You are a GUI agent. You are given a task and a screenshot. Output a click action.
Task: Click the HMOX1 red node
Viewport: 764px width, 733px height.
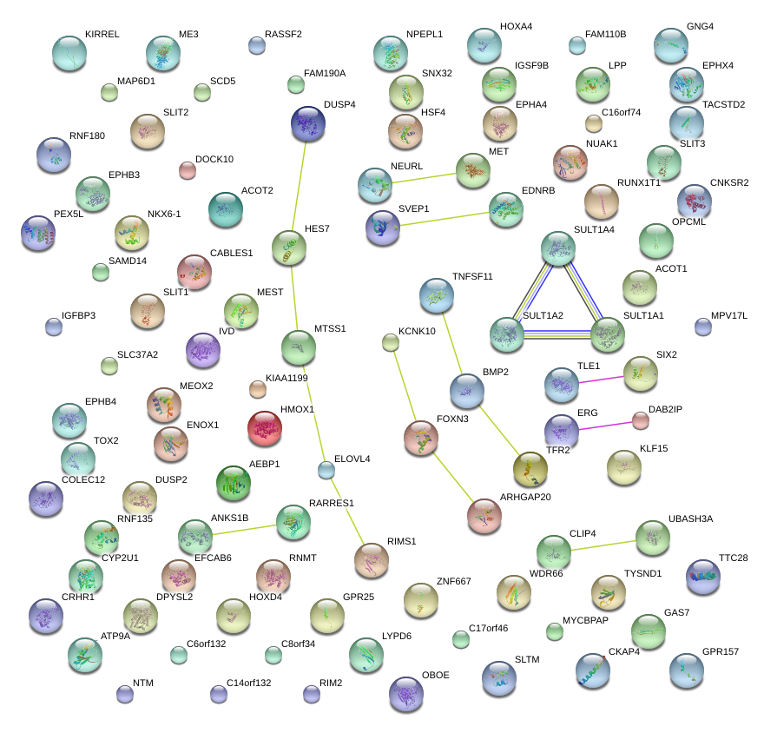point(264,428)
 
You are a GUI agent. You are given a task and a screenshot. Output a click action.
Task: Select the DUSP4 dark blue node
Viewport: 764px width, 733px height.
point(306,124)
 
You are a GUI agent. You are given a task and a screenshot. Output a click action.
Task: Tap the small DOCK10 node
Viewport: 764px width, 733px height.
point(187,169)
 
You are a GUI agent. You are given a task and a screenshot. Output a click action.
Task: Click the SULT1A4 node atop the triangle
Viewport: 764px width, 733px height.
point(558,248)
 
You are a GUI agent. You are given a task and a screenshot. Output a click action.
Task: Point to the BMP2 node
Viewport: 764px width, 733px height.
point(466,391)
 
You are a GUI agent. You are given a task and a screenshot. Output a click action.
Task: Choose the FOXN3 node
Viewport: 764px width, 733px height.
point(421,438)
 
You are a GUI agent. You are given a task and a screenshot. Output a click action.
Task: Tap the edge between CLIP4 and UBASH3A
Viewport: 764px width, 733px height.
point(603,544)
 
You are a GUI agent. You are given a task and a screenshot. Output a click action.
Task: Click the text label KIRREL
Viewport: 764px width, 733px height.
point(102,34)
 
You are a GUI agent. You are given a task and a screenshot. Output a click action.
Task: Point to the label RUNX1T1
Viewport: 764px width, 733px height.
point(640,182)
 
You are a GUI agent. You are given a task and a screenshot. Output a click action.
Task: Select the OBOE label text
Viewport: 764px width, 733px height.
point(435,675)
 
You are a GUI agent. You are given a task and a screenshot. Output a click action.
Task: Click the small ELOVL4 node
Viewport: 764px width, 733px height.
point(326,471)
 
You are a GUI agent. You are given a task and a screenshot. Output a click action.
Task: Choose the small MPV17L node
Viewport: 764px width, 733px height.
point(703,327)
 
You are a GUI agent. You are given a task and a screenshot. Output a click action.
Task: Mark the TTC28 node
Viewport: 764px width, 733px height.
point(702,576)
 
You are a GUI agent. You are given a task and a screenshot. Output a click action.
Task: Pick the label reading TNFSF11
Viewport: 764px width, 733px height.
point(472,276)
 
